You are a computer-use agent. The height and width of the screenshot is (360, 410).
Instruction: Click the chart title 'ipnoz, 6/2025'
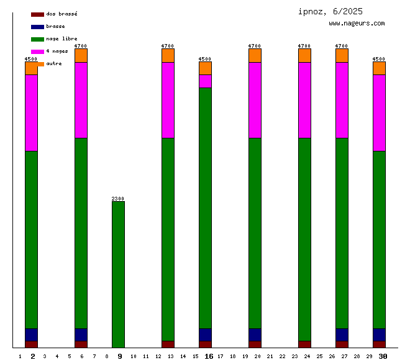coord(330,11)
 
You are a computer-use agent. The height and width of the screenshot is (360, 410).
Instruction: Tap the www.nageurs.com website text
coord(357,24)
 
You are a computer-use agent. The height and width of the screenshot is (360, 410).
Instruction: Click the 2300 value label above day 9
coord(118,199)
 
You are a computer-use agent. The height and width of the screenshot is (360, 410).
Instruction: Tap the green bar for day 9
coord(118,273)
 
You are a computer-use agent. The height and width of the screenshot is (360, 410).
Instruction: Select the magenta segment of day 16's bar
coord(205,81)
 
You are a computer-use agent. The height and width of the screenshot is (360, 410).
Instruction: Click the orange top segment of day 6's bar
coord(81,55)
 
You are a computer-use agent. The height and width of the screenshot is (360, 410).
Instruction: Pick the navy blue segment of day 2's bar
coord(31,335)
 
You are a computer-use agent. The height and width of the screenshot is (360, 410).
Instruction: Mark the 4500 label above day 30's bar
coord(379,59)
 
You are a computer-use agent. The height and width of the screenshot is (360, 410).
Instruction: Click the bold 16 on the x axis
coord(209,356)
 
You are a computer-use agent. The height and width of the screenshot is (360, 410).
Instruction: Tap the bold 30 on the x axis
coord(383,356)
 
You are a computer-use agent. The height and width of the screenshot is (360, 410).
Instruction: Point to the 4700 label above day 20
coord(255,46)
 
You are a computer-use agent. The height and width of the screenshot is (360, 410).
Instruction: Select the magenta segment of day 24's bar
coord(304,100)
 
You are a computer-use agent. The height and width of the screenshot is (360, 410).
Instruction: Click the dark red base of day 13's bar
coord(168,344)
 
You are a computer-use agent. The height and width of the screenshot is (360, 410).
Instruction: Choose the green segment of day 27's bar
coord(342,233)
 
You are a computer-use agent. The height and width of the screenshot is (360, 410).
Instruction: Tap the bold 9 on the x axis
coord(120,356)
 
